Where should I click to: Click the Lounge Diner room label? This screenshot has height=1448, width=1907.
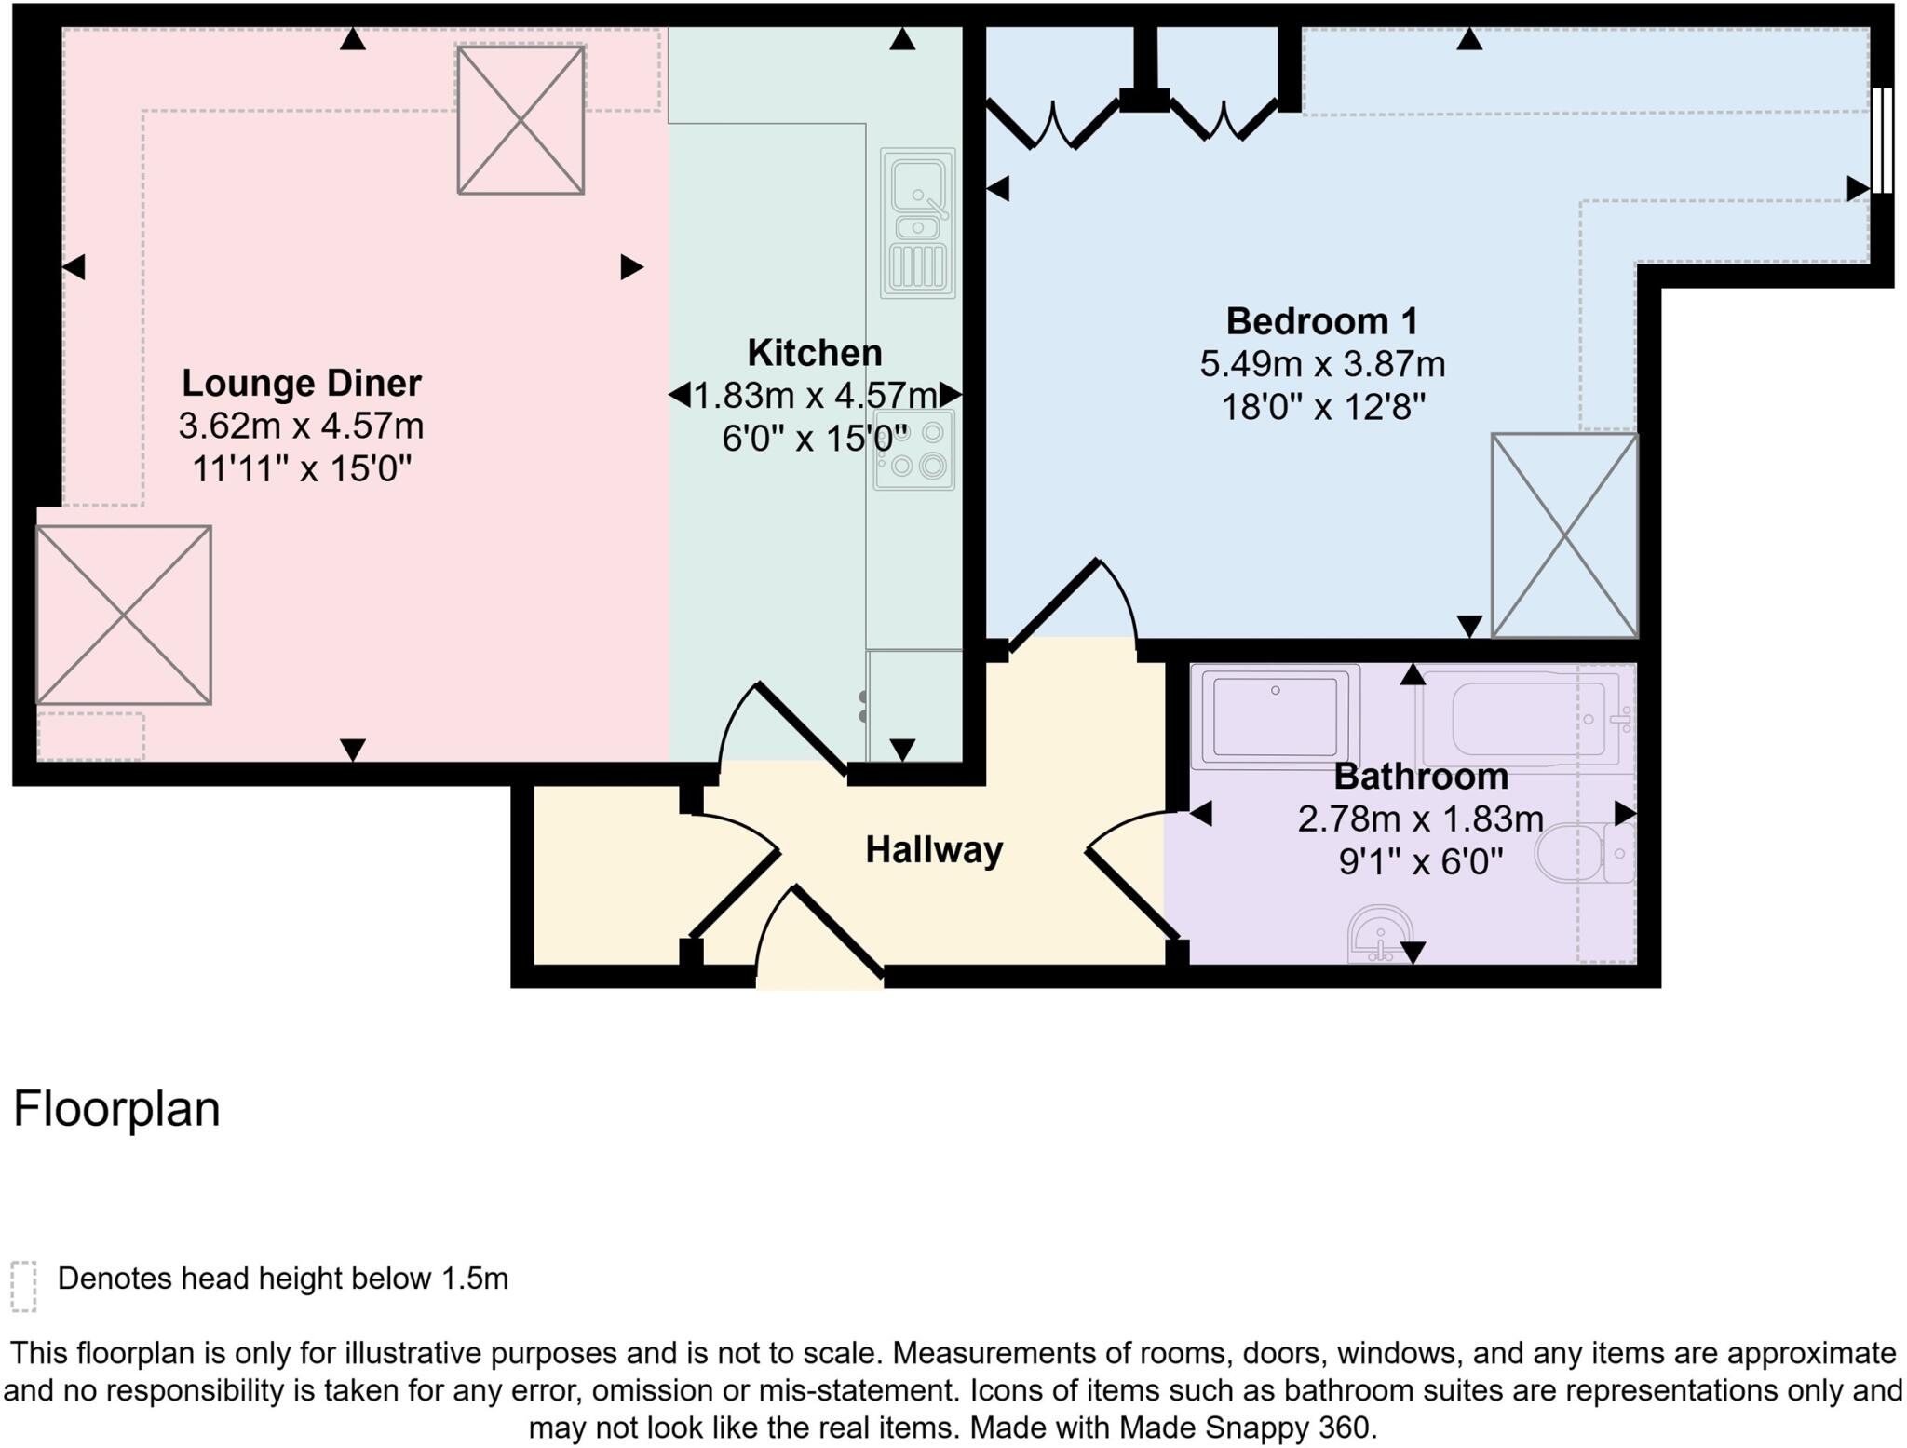301,384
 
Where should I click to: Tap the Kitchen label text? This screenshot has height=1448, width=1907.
814,353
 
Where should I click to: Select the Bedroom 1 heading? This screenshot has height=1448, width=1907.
1321,321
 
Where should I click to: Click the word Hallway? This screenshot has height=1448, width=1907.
933,850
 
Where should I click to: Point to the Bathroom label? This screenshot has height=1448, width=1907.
1420,777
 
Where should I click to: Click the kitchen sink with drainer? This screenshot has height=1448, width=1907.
918,223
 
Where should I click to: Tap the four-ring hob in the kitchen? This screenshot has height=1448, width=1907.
913,451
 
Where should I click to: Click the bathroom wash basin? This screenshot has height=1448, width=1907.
1380,934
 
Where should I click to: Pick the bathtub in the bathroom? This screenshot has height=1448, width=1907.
1523,718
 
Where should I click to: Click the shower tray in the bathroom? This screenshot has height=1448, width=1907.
1275,716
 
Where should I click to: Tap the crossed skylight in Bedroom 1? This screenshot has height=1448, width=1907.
1563,535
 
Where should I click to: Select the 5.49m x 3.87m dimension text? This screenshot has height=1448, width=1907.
1321,364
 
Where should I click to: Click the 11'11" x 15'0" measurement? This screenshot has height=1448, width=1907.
301,468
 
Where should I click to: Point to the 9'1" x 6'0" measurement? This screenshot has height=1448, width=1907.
1420,862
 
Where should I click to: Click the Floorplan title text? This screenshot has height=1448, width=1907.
116,1109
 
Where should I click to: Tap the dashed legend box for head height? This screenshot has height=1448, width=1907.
23,1286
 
